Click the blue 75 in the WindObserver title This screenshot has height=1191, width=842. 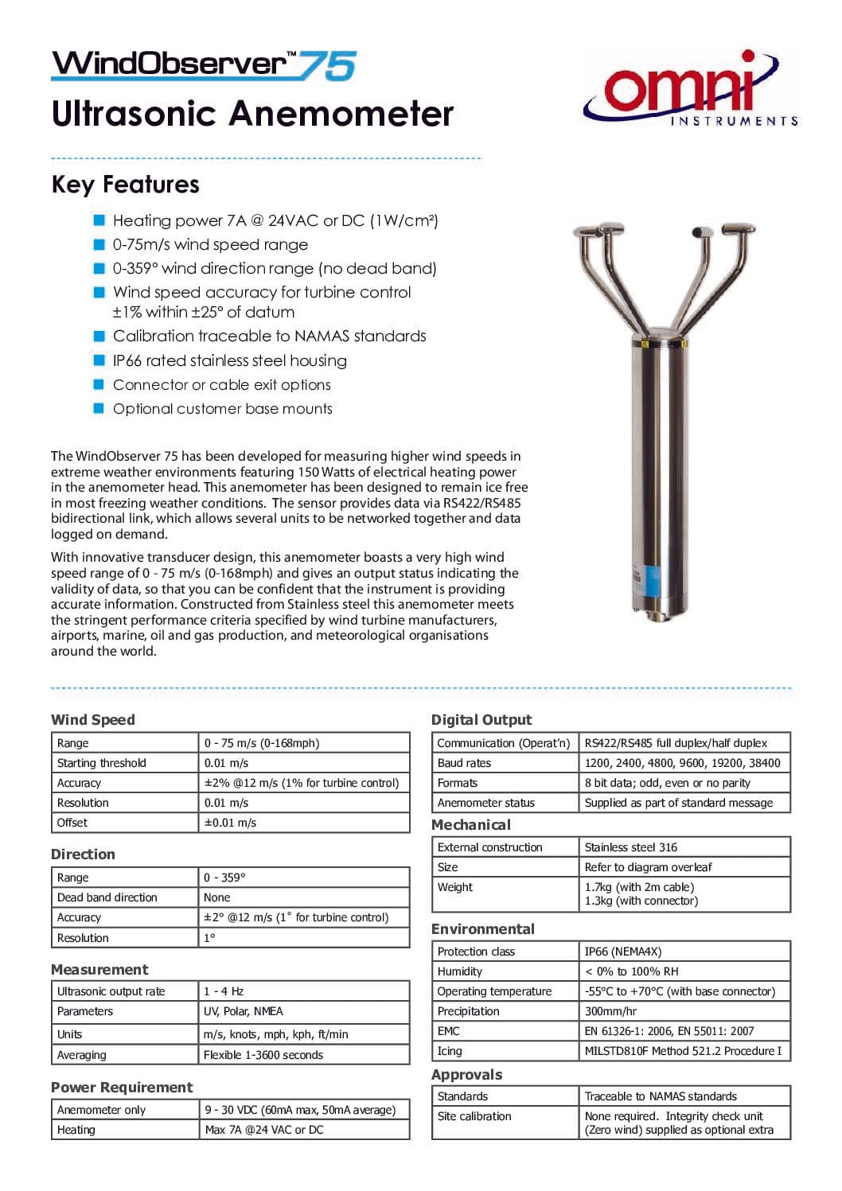327,65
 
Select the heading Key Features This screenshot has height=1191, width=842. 125,185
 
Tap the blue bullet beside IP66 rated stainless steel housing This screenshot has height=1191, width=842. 99,360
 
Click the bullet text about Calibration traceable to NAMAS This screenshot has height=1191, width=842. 269,336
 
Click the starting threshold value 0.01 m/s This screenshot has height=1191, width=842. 226,763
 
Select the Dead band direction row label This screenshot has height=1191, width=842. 107,897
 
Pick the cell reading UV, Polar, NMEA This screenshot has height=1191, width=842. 243,1011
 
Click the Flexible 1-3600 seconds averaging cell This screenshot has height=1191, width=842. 263,1055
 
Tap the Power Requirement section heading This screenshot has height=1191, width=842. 122,1088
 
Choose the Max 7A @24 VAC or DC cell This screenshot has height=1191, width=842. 263,1130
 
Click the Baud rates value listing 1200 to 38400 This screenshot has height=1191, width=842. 682,763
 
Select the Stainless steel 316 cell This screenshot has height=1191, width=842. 630,847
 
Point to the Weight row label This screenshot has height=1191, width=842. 454,887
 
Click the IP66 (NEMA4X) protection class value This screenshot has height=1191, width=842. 622,952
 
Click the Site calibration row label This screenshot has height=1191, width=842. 474,1116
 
